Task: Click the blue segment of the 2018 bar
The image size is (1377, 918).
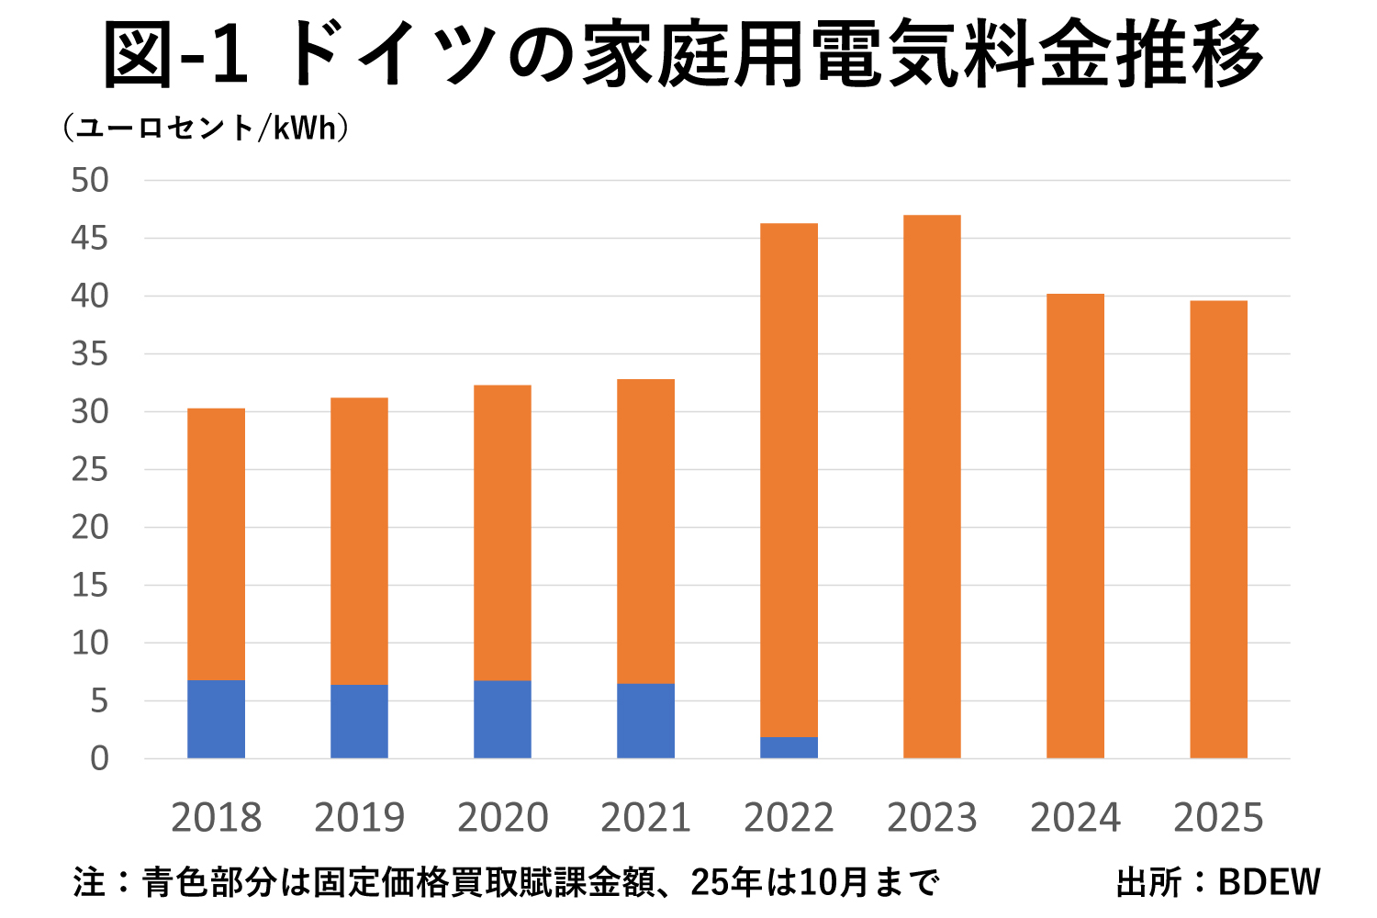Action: point(216,719)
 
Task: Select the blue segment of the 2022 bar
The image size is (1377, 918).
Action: point(789,747)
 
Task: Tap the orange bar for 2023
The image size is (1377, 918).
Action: point(932,487)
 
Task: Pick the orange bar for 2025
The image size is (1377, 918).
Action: point(1218,530)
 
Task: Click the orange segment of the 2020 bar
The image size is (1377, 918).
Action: point(502,532)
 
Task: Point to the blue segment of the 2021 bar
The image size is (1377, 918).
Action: point(645,721)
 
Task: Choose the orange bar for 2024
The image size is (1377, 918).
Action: point(1075,526)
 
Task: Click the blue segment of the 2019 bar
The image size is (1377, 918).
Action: point(359,721)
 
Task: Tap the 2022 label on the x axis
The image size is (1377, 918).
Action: point(789,817)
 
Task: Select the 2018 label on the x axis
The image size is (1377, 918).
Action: point(216,817)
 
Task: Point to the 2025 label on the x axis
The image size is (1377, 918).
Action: point(1218,817)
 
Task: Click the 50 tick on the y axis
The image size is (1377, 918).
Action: point(90,180)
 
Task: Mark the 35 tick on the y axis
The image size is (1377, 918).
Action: point(90,353)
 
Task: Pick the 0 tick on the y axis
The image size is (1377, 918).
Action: point(99,758)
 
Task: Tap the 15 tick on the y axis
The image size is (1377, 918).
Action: point(90,585)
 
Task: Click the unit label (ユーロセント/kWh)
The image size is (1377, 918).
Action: point(206,128)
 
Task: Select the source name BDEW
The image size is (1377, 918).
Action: point(1269,882)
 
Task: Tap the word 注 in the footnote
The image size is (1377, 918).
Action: point(90,882)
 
